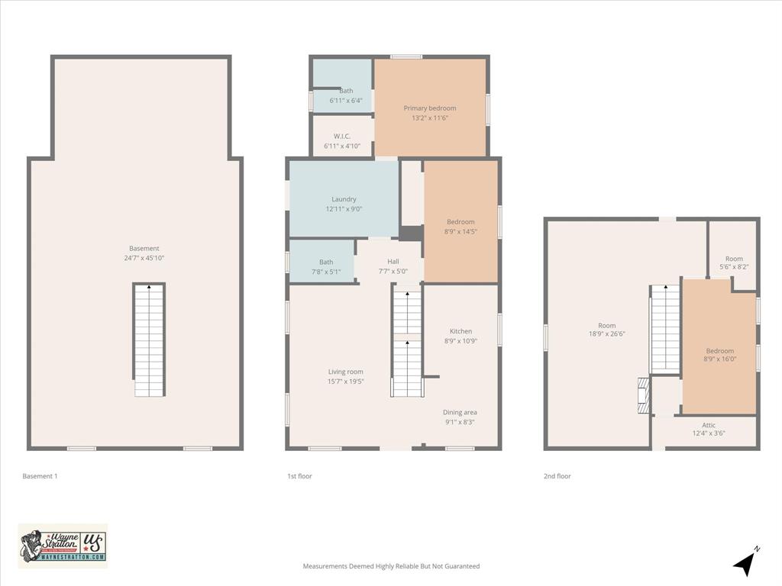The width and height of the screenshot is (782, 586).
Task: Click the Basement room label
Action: (144, 248)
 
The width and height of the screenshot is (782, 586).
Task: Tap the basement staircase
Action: (149, 340)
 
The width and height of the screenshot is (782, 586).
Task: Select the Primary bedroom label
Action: (430, 108)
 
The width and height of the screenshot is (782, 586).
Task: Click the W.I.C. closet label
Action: (341, 136)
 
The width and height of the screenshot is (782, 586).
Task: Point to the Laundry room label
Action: (344, 199)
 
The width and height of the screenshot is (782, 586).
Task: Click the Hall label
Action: (393, 261)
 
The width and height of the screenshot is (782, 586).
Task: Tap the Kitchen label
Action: (460, 331)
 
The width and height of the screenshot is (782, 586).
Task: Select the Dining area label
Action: (460, 412)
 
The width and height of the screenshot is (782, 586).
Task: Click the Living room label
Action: (346, 372)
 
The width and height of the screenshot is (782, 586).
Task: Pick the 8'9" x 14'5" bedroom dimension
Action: (460, 232)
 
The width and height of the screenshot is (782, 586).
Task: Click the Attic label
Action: (709, 424)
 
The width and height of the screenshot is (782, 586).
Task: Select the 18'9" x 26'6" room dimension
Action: (606, 334)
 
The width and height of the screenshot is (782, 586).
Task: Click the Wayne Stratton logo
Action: (63, 546)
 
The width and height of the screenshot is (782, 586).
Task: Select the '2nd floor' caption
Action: (557, 476)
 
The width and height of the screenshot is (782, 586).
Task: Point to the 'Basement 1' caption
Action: (40, 476)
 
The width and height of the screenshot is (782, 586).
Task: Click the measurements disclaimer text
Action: (391, 566)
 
